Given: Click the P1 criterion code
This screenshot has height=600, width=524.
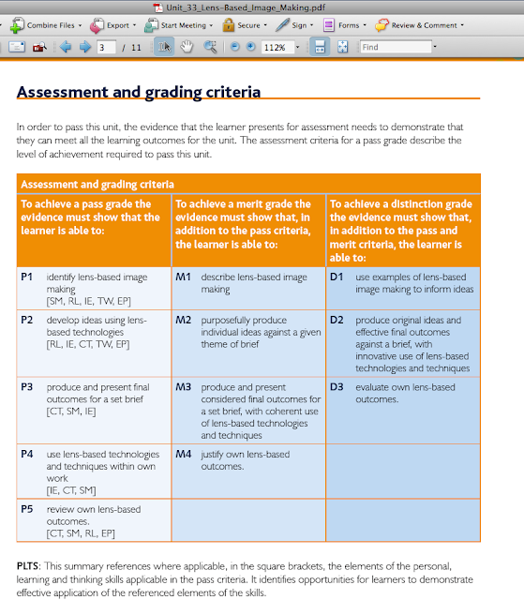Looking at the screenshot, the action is point(27,277).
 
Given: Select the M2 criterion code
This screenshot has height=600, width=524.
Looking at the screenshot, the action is point(183,320).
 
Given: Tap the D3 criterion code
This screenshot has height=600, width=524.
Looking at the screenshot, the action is point(337,387).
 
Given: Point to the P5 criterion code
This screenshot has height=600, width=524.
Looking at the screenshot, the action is point(27,509).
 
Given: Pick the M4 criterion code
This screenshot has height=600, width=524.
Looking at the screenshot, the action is point(183,454).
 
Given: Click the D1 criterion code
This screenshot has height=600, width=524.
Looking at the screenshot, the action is point(337,277).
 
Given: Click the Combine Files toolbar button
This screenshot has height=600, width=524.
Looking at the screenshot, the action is point(46,25).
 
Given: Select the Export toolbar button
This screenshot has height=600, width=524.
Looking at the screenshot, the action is point(112,25).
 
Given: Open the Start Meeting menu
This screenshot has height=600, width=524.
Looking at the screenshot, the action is point(179,25).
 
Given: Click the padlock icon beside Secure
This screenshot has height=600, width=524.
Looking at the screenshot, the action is point(229,25).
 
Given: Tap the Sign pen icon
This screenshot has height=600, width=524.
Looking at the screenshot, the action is point(282,25).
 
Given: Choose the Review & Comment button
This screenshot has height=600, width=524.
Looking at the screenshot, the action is point(420,25).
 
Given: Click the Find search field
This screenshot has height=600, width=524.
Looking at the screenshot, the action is point(396,47).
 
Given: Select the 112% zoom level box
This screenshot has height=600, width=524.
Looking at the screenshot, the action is point(277,47).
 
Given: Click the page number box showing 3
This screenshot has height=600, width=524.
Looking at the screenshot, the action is point(106,48).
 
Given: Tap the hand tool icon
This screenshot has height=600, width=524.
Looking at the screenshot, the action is point(187,47).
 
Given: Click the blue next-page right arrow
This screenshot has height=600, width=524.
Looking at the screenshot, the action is point(85,47).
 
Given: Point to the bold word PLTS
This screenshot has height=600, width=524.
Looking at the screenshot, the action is point(27,566).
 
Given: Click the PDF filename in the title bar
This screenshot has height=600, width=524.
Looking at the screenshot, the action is point(246,7).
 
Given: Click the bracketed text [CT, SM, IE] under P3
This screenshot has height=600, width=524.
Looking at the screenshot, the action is point(71,412).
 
